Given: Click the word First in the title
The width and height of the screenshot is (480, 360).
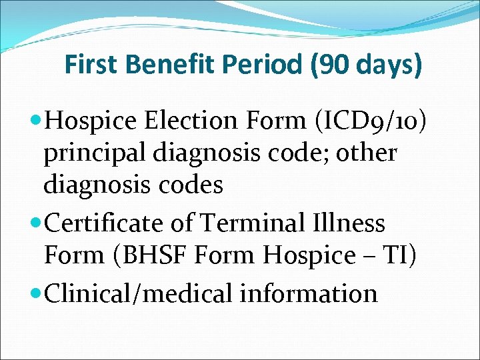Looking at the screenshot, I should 91,65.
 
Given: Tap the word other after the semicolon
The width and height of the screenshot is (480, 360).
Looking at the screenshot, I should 365,153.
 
